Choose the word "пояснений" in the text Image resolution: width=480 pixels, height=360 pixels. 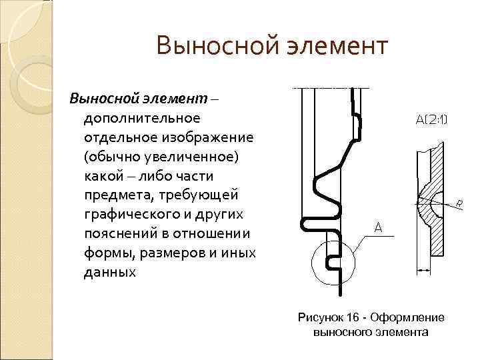(x=119, y=234)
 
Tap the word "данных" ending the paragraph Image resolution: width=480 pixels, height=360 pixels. (x=109, y=273)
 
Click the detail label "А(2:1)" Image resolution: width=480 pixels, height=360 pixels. (x=432, y=120)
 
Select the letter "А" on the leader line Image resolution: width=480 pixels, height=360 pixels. (x=377, y=228)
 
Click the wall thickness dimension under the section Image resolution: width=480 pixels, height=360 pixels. (x=424, y=270)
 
